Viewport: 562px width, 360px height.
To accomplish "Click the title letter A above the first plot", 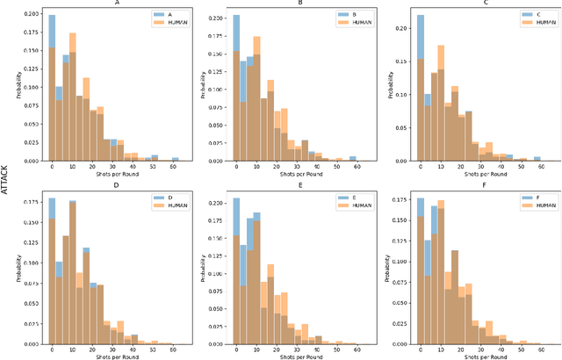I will [x=117, y=4].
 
